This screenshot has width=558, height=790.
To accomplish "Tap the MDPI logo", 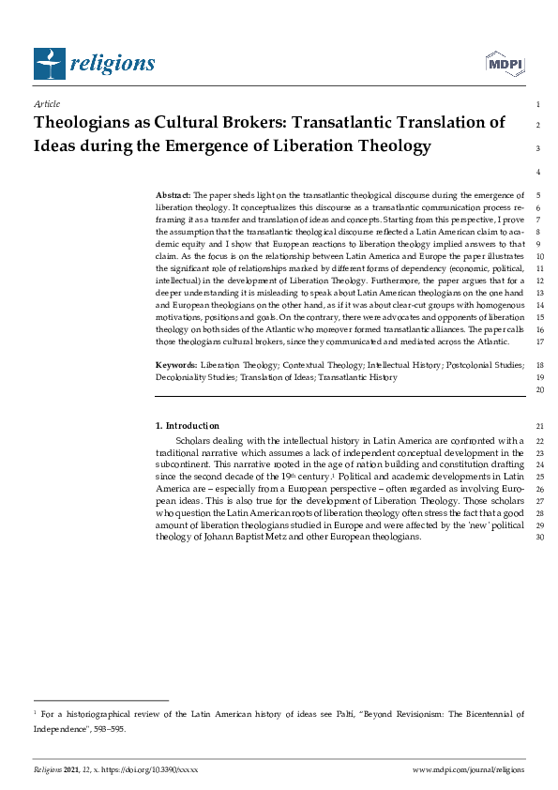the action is (504, 63).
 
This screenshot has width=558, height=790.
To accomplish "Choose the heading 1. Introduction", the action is (188, 426).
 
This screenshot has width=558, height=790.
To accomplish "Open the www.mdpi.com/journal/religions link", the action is (469, 768).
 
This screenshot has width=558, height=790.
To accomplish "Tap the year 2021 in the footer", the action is (76, 768).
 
